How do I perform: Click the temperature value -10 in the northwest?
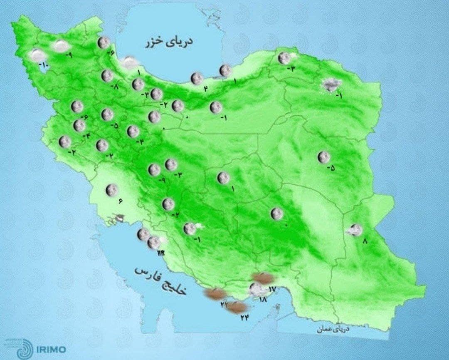[x=44, y=65]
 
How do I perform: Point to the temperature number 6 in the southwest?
[x=120, y=201]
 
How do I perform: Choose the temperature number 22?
[x=224, y=305]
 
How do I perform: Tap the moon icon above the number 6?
[x=111, y=190]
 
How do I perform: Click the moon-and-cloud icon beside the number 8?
[x=355, y=230]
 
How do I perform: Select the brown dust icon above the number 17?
[x=263, y=278]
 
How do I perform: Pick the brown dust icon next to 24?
[x=237, y=308]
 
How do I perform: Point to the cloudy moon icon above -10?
[x=38, y=55]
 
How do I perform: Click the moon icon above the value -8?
[x=107, y=76]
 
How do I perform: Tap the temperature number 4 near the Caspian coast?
[x=205, y=87]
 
